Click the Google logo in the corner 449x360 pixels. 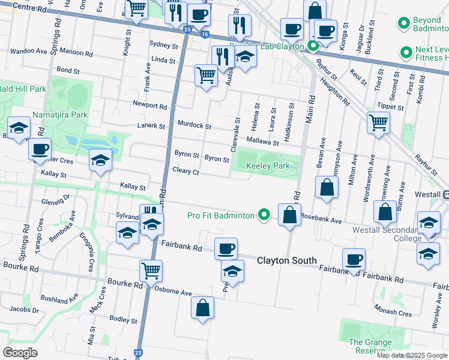coord(20,352)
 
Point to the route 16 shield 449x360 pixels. coord(205,35)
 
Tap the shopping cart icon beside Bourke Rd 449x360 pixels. coord(150,270)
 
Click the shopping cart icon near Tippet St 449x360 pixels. coord(378,122)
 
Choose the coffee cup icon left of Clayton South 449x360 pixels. coord(226,248)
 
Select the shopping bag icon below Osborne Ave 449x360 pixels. coord(203,308)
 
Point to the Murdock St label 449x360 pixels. coord(194,126)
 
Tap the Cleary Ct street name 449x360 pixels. coord(185,172)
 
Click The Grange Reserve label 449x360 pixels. coord(370,347)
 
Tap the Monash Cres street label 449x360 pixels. coord(392,313)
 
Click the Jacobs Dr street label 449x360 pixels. coord(24,310)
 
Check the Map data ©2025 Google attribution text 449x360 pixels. coord(412,355)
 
